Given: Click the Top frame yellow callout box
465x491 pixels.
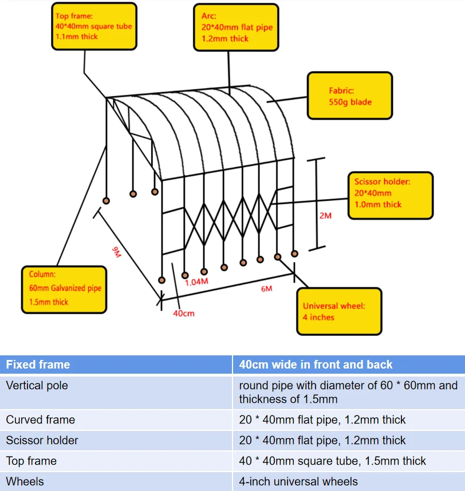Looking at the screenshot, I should point(94,26).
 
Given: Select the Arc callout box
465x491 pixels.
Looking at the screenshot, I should point(236,27).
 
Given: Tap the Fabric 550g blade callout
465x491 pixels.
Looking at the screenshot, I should point(350,96).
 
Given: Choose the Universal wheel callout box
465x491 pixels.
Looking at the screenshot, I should point(338,311).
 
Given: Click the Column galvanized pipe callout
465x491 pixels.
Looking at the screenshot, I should point(64,289).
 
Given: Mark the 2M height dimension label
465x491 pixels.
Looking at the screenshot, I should point(325,216).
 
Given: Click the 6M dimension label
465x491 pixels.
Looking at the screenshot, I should point(266,289).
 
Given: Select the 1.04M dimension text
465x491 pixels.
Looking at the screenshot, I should point(196,282).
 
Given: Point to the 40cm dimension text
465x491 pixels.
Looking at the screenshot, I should point(183,314).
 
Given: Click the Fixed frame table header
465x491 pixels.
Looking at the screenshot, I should point(38,365).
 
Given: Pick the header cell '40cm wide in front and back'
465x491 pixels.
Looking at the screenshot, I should point(316,365).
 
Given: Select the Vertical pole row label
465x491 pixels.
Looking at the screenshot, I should point(37,386).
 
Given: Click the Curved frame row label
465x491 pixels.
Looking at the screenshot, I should point(40,419).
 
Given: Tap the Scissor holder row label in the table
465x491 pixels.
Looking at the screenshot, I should point(42,440).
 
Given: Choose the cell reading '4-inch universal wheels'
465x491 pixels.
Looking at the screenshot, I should point(298,481).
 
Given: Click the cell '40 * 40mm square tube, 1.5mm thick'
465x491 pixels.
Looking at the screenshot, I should point(332,461).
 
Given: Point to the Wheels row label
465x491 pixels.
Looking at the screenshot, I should point(25,481).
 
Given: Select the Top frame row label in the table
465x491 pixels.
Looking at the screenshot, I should point(31,461).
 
